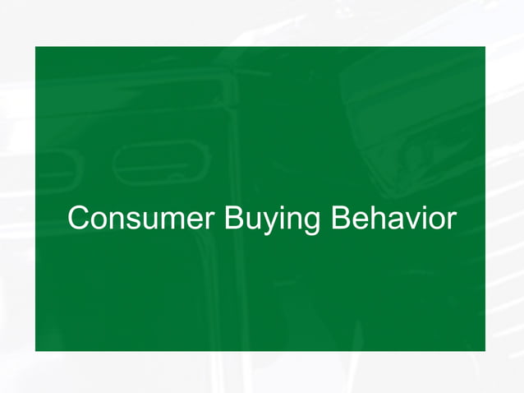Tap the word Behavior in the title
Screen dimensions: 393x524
click(393, 220)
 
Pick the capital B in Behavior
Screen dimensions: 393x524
click(340, 220)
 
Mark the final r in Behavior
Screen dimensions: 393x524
click(450, 222)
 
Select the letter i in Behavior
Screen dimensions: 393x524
click(424, 219)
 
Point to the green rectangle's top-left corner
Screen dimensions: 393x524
click(35, 46)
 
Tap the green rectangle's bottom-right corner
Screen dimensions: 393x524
click(485, 350)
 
